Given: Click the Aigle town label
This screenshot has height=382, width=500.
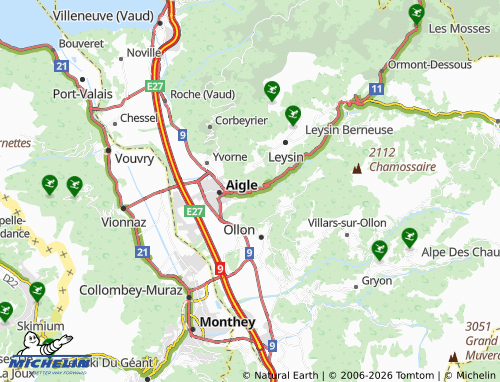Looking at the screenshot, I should coord(242,185).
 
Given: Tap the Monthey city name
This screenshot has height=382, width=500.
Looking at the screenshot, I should coord(228,322).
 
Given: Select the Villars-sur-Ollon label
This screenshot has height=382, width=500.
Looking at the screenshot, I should coord(347,221).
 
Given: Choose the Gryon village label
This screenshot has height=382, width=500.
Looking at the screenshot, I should coord(376,281).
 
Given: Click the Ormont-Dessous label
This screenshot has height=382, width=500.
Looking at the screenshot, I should coord(430,64).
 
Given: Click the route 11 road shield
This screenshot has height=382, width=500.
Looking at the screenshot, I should coord(375,90).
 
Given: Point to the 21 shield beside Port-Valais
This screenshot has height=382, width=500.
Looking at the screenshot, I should coord(61,66).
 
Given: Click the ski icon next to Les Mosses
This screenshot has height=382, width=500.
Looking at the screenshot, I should coord(417,14).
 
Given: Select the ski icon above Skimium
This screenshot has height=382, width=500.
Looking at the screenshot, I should coord(37,291).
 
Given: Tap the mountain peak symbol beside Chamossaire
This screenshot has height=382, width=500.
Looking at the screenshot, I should coord(355,168).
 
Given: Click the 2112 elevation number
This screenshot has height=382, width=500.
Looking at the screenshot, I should coord(382,152).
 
